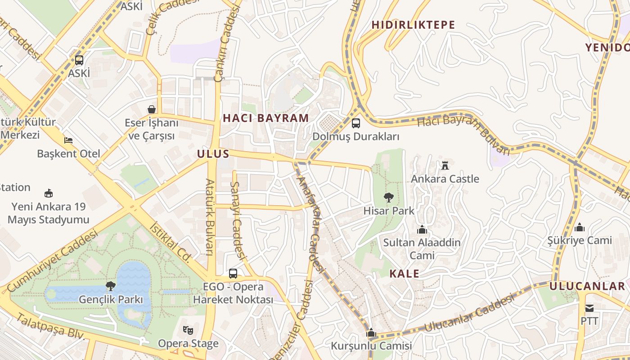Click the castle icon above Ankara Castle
[x=445, y=165]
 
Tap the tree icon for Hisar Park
[x=388, y=197]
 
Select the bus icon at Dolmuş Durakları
[x=356, y=123]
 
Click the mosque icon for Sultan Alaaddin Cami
[x=422, y=229]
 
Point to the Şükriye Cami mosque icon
[x=580, y=227]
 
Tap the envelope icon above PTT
[x=589, y=308]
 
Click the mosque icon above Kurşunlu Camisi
[x=371, y=333]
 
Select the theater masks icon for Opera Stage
[x=188, y=330]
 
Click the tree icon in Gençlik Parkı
[x=110, y=286]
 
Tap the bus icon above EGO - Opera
[x=233, y=273]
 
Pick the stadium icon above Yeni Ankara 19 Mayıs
[x=49, y=193]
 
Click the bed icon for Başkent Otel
[x=68, y=140]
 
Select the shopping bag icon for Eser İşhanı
[x=152, y=109]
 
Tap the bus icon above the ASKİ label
[x=79, y=60]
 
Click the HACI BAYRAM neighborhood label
[x=266, y=118]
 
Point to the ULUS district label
[x=213, y=154]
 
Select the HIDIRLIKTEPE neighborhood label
[x=413, y=25]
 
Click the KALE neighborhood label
[x=404, y=274]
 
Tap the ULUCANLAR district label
[x=587, y=286]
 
